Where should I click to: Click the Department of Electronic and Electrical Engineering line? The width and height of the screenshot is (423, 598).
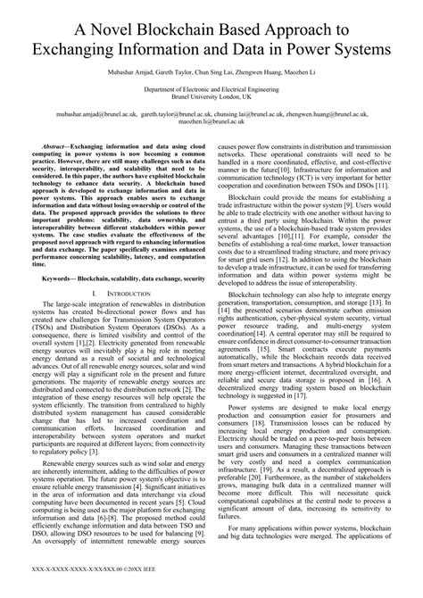(211, 90)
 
